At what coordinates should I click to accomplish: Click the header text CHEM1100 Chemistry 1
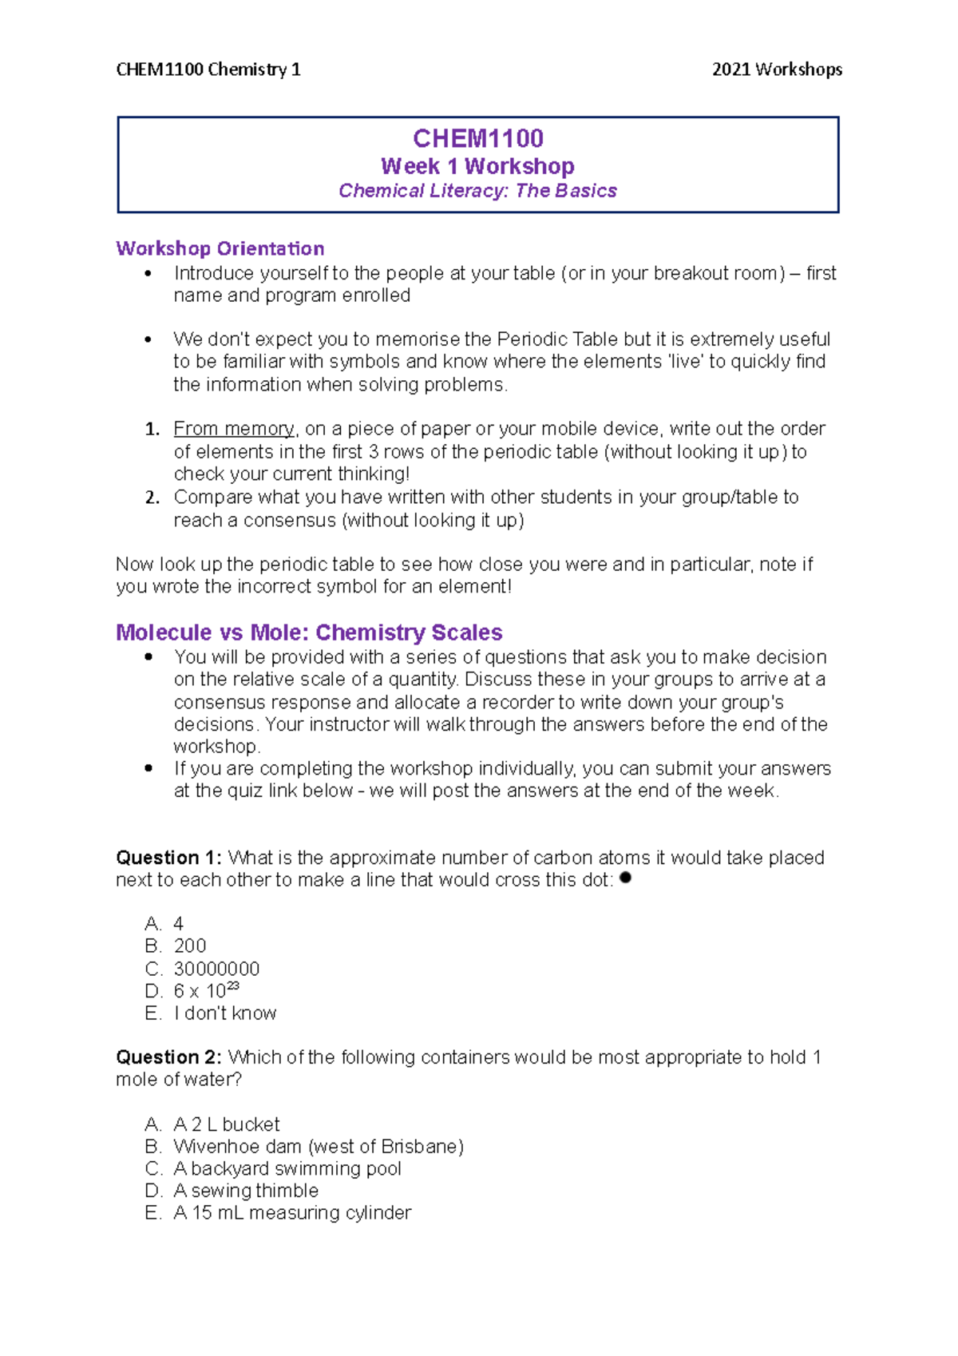208,69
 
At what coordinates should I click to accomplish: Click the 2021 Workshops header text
776,69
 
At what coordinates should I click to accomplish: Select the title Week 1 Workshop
477,166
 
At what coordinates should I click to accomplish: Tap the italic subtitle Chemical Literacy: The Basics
477,191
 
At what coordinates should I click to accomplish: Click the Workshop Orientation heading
220,248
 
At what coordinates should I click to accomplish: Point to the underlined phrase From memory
234,429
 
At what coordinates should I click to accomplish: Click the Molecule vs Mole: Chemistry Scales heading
308,632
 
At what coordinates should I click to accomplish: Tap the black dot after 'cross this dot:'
625,878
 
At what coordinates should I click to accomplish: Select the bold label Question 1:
168,858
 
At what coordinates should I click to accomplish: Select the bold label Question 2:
168,1057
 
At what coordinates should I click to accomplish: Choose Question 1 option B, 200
190,946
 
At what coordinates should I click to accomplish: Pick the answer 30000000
216,969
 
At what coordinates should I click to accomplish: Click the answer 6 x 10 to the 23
206,991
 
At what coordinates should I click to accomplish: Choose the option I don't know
225,1013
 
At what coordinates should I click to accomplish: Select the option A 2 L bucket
227,1124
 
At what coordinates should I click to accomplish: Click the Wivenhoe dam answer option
318,1147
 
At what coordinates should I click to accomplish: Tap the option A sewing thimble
246,1191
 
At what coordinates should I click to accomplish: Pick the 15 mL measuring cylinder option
292,1213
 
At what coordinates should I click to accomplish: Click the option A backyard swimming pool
287,1168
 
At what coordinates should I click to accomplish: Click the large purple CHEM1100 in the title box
477,139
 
